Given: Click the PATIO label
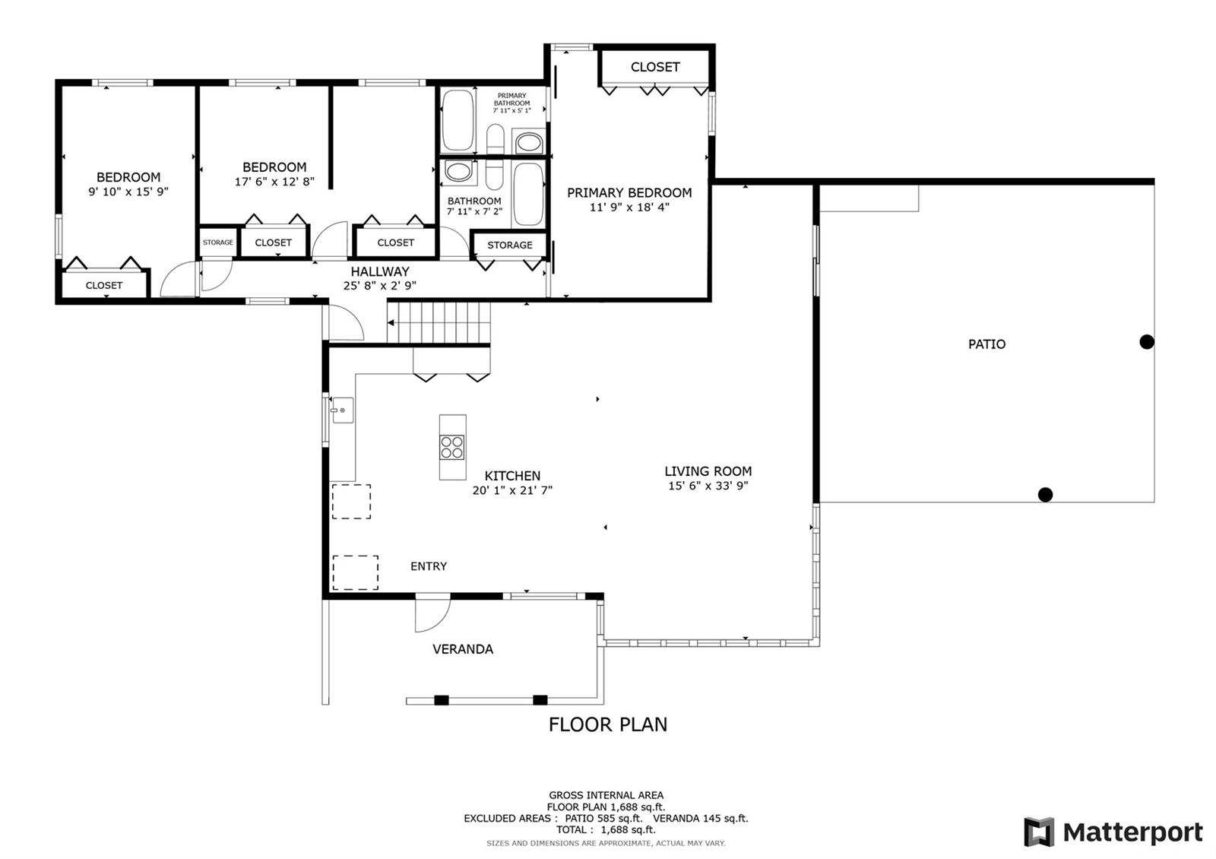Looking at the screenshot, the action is pyautogui.click(x=986, y=344).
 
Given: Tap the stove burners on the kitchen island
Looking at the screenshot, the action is pyautogui.click(x=451, y=448).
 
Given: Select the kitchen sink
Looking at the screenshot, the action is pyautogui.click(x=342, y=410).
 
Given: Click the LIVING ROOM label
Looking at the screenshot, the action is pyautogui.click(x=708, y=471).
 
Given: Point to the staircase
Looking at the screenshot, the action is pyautogui.click(x=439, y=322).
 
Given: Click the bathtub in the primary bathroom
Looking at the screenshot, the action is pyautogui.click(x=458, y=120).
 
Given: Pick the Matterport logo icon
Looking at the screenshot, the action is pyautogui.click(x=1039, y=832).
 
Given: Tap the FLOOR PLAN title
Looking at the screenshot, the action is pyautogui.click(x=607, y=724).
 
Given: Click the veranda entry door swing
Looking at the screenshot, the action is pyautogui.click(x=432, y=613).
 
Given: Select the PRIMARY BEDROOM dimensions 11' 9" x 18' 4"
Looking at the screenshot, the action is pyautogui.click(x=629, y=207).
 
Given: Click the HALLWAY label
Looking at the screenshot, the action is pyautogui.click(x=379, y=271).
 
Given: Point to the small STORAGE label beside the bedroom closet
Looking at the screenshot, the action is pyautogui.click(x=217, y=242).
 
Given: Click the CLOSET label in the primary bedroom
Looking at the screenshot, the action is pyautogui.click(x=654, y=67).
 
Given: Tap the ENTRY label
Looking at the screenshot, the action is pyautogui.click(x=429, y=566).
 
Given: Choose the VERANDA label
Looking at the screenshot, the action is pyautogui.click(x=463, y=649).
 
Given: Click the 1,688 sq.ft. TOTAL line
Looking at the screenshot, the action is pyautogui.click(x=606, y=829).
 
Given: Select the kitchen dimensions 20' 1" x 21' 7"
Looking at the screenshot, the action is pyautogui.click(x=512, y=490).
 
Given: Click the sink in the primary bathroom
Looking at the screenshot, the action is pyautogui.click(x=528, y=143).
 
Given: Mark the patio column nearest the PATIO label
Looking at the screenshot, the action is pyautogui.click(x=1147, y=342).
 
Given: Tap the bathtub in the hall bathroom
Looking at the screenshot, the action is pyautogui.click(x=527, y=194).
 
